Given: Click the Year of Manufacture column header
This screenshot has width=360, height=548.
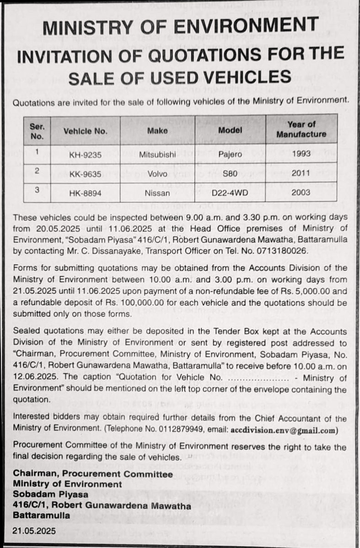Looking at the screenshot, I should pyautogui.click(x=301, y=129).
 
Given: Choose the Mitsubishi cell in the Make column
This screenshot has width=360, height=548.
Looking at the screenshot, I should pyautogui.click(x=157, y=155).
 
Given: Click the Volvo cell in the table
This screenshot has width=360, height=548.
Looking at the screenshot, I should pyautogui.click(x=157, y=174).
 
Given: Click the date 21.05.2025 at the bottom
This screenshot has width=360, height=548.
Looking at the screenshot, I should pyautogui.click(x=34, y=531).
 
